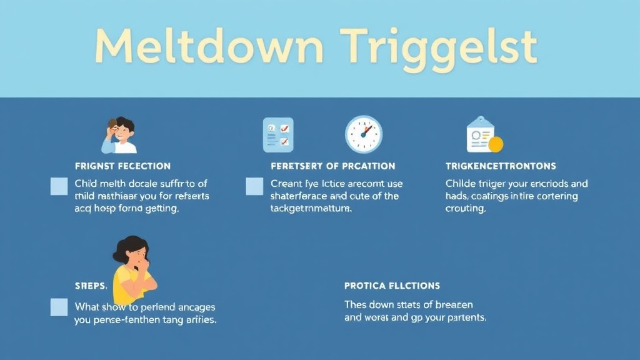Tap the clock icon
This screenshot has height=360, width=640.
tap(363, 134)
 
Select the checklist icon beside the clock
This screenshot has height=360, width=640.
tap(278, 134)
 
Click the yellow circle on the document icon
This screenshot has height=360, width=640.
tap(495, 145)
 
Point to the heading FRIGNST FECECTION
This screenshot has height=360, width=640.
tap(122, 166)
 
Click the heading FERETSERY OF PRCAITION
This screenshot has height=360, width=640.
tap(332, 166)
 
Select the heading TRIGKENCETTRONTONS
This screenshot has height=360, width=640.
tap(501, 166)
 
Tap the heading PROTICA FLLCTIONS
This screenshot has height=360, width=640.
tap(392, 286)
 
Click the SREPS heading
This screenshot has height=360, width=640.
tap(91, 286)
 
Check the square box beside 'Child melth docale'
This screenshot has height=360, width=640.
tap(59, 186)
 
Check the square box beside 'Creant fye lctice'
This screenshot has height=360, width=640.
tap(254, 186)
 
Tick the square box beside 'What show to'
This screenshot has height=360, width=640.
tap(59, 307)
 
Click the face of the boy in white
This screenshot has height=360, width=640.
tap(125, 132)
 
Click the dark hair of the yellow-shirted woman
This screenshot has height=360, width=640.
tap(128, 245)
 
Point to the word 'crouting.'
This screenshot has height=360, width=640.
tap(466, 209)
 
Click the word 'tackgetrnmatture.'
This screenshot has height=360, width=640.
tap(311, 209)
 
